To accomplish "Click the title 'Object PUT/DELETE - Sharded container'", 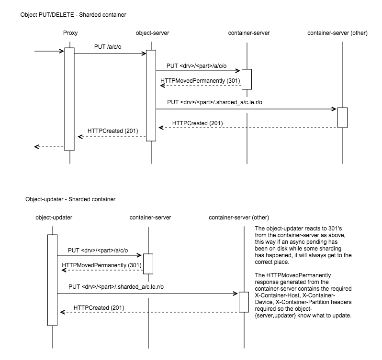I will point(73,15).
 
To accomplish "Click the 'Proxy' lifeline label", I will point(70,33).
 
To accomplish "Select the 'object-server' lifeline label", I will point(152,33).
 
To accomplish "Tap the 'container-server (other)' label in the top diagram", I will point(342,33).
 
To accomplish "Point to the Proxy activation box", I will point(69,98).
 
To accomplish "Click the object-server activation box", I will point(151,95).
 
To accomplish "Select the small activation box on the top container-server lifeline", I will point(247,79).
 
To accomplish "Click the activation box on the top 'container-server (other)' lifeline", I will point(342,118).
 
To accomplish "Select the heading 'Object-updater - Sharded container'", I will point(70,199).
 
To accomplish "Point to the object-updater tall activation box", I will point(52,279).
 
